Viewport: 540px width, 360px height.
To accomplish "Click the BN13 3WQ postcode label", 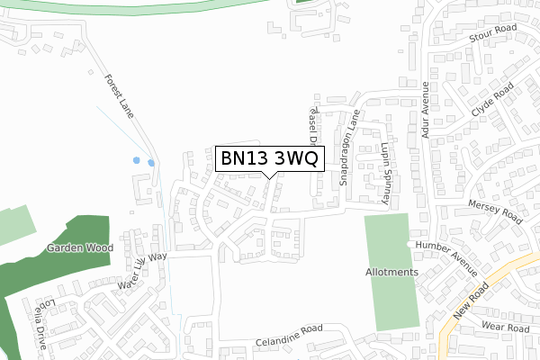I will pos(268,158).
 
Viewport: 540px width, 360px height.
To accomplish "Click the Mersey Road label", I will pos(495,213).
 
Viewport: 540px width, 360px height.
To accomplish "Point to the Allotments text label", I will pos(392,273).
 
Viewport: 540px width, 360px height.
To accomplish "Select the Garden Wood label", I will pos(78,247).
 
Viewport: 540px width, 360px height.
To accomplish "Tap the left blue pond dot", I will pos(137,160).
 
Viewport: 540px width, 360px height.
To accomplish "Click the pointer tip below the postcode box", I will pos(269,176).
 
